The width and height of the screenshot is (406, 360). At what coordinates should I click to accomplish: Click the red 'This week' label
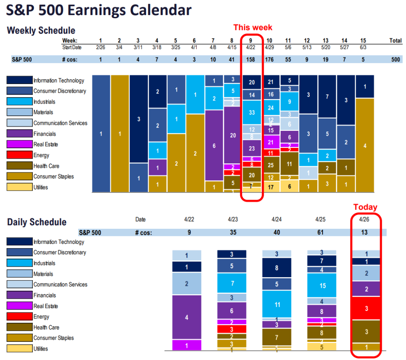[x=253, y=27]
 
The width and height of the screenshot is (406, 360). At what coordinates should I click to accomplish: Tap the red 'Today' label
[x=365, y=207]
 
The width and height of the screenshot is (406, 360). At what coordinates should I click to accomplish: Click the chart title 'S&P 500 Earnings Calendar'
[x=99, y=10]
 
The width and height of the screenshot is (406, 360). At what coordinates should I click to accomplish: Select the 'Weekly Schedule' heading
[x=41, y=31]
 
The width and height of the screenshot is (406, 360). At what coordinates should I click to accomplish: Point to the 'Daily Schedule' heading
[x=37, y=222]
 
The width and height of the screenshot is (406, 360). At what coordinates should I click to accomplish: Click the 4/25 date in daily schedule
[x=321, y=219]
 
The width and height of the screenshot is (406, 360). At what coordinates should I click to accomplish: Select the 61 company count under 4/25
[x=321, y=232]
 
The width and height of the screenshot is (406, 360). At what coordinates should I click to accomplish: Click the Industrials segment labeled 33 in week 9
[x=252, y=112]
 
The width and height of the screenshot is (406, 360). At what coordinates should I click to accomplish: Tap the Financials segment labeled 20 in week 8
[x=233, y=135]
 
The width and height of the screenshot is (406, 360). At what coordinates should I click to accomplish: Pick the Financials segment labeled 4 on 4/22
[x=187, y=317]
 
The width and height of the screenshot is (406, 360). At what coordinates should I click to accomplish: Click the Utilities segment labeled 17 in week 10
[x=271, y=187]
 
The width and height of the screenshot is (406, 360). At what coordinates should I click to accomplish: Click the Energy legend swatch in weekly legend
[x=19, y=155]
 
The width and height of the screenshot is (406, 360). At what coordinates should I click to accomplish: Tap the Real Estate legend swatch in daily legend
[x=19, y=306]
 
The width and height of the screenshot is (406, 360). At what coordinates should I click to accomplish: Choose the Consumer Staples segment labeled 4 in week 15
[x=365, y=145]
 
